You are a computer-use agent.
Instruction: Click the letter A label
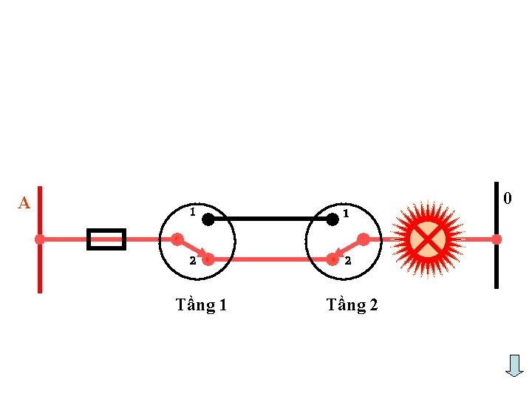click(24, 202)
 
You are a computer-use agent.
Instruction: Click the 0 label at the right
click(507, 198)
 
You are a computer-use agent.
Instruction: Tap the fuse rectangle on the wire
click(106, 239)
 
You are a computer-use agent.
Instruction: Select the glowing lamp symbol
click(427, 239)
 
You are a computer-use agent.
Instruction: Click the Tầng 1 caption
click(201, 304)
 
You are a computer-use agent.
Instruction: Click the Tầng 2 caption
click(352, 304)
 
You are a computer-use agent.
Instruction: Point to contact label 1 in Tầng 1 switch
click(192, 211)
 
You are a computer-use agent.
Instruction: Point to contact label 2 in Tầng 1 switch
click(191, 260)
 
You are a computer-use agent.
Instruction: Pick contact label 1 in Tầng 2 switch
click(346, 214)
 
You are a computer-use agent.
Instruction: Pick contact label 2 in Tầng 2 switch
click(346, 261)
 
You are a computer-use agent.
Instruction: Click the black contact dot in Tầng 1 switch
click(208, 219)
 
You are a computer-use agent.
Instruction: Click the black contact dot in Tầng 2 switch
click(332, 219)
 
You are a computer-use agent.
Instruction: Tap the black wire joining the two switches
click(270, 219)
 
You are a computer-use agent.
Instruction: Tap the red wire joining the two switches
click(270, 259)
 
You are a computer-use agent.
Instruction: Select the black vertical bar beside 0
click(497, 266)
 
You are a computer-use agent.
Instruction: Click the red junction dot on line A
click(40, 239)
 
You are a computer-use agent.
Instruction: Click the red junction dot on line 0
click(497, 239)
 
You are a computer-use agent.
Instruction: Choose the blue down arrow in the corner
click(514, 365)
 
